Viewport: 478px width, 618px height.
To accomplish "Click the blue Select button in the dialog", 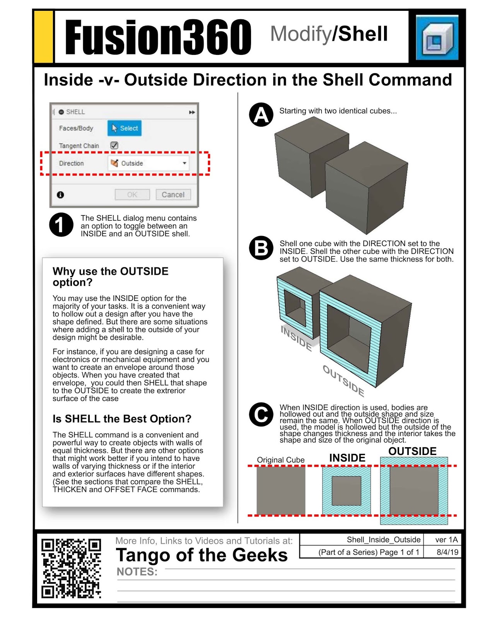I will pos(125,128).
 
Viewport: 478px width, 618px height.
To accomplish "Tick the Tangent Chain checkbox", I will pos(114,146).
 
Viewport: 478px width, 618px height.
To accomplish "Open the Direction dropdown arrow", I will pos(184,163).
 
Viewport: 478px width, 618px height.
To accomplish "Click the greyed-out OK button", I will pos(132,195).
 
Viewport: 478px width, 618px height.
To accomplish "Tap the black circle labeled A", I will pos(261,115).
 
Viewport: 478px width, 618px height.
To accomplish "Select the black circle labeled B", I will pos(261,248).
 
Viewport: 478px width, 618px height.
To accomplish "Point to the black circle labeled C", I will pos(261,414).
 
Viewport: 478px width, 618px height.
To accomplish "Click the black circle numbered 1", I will pos(61,224).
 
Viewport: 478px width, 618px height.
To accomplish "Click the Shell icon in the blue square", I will pos(437,38).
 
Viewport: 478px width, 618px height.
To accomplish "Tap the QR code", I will pos(71,568).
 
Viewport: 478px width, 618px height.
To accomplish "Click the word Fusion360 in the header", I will pos(158,38).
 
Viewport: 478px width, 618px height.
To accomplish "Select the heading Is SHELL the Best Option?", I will pos(122,419).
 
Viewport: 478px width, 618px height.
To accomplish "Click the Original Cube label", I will pos(281,460).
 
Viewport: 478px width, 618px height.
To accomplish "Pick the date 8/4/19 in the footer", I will pos(447,552).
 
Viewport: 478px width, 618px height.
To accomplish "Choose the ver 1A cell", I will pos(446,540).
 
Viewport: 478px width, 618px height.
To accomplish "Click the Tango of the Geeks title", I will pos(201,555).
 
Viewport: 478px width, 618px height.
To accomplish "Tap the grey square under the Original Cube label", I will pos(281,491).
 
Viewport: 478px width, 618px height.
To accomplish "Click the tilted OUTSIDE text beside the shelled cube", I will pos(343,381).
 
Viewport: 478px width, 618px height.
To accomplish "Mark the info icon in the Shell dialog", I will pos(61,195).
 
